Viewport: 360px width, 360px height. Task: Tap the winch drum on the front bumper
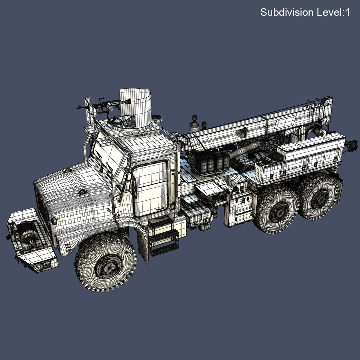(28, 233)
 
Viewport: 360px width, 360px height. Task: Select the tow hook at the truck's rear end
(352, 146)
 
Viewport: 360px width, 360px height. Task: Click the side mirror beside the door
(134, 187)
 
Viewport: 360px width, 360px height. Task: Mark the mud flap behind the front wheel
(144, 247)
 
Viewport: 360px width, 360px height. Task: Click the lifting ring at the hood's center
(82, 192)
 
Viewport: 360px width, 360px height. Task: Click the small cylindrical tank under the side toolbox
(205, 227)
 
